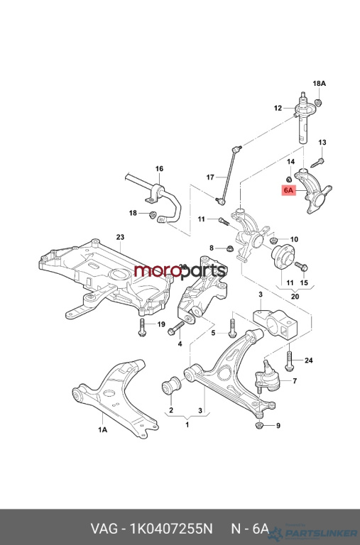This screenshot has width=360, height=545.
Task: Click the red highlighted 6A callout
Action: coord(289,190)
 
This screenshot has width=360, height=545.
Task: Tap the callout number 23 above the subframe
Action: coord(120,237)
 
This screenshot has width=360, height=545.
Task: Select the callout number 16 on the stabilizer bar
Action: coord(159,169)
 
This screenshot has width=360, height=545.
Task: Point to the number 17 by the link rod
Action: coord(210,177)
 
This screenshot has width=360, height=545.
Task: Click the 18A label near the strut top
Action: coord(319,84)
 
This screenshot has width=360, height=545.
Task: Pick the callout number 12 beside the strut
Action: coord(278,108)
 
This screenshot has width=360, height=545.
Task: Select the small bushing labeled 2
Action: coord(171,387)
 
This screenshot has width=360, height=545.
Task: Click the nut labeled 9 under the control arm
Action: coord(258,425)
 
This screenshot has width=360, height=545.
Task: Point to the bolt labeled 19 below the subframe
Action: coord(141,327)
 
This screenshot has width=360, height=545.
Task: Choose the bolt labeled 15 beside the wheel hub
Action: coord(301,267)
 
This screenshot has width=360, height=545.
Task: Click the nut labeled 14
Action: coord(289,179)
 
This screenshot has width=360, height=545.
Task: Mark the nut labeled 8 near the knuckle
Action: coord(229,248)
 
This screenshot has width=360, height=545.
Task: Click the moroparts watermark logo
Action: coord(180,270)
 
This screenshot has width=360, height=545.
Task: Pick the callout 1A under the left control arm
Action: coord(102,430)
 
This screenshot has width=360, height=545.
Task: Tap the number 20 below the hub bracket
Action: coord(295,297)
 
